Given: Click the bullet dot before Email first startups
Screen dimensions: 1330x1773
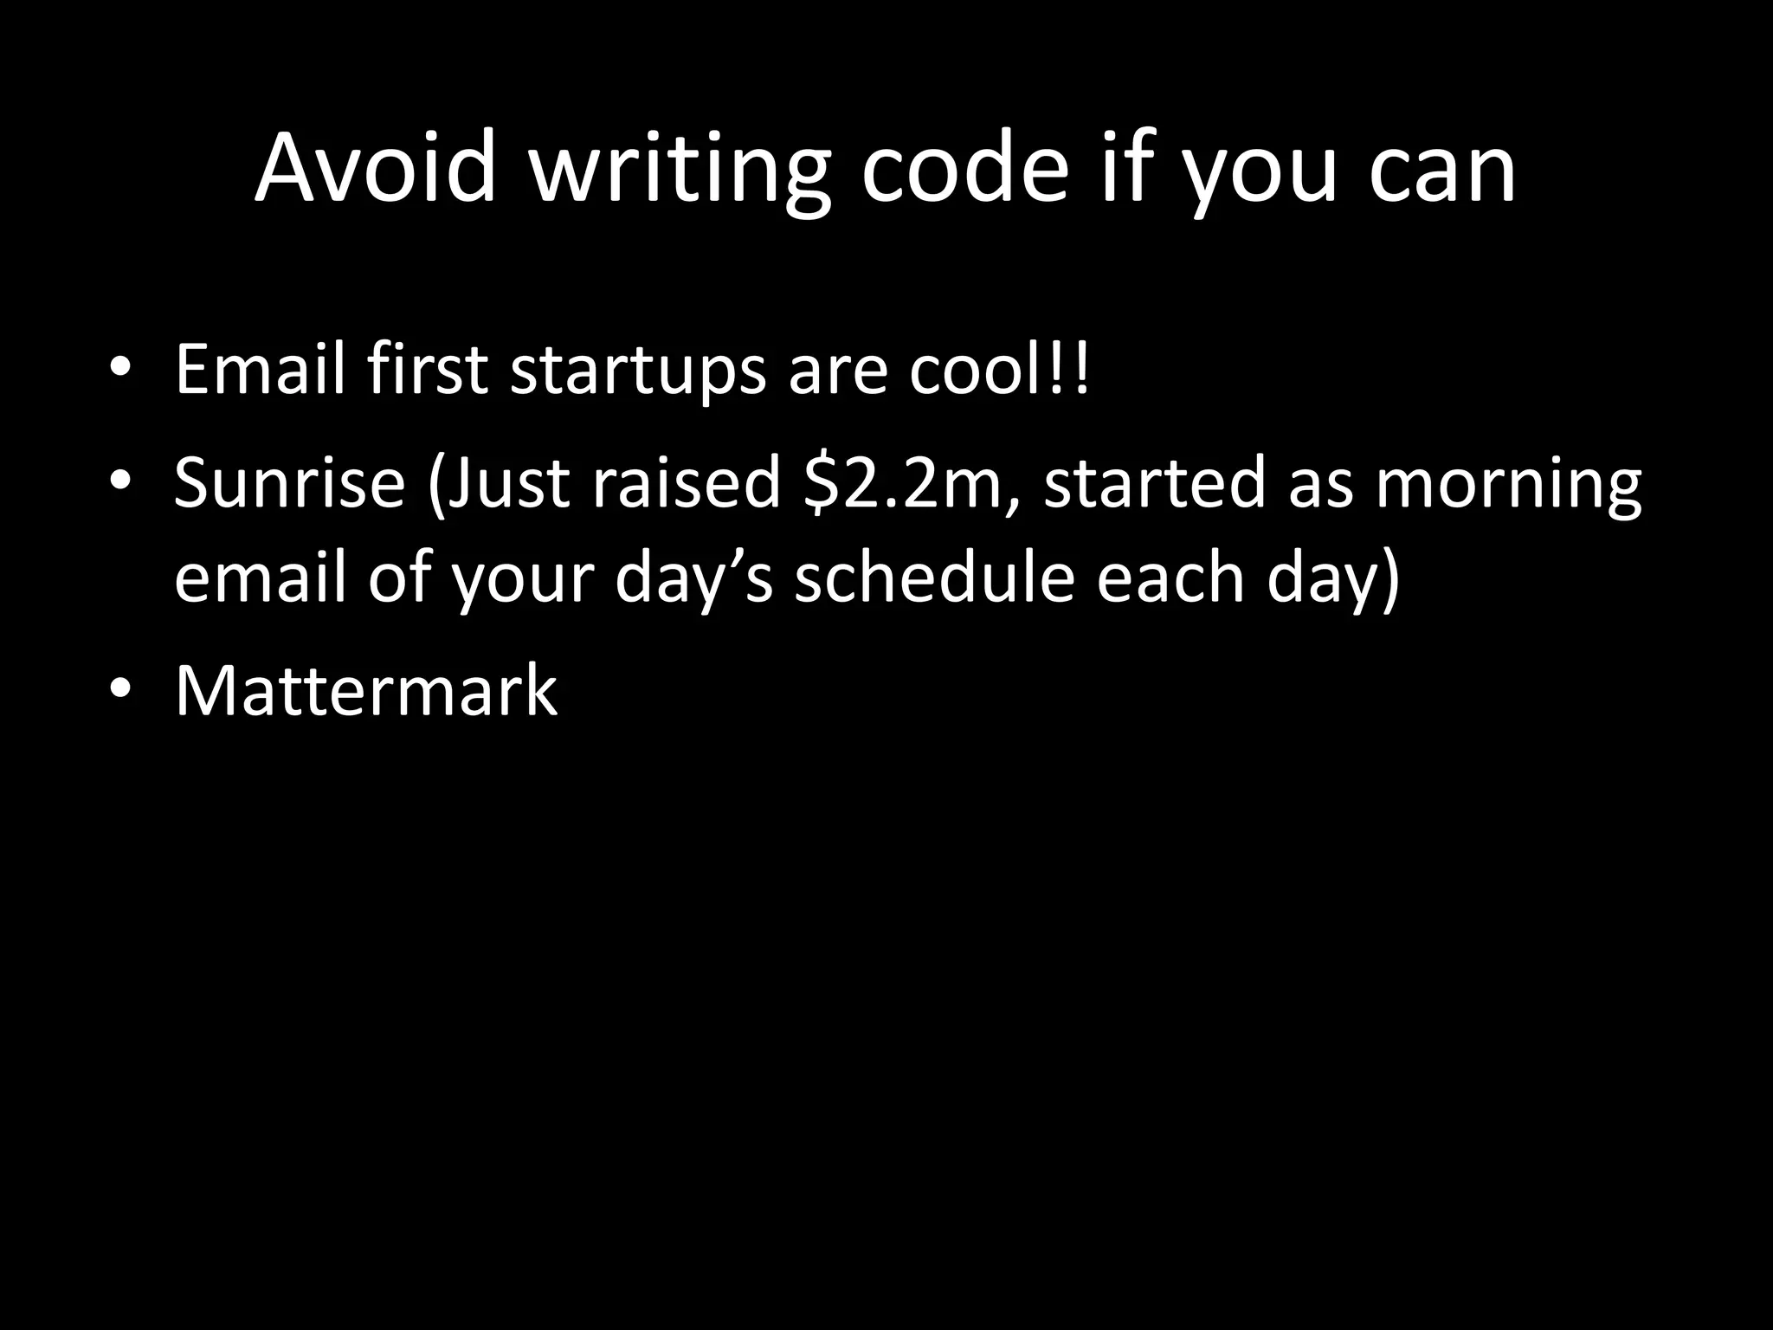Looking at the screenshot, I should click(120, 367).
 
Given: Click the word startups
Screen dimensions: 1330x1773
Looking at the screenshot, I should click(639, 371).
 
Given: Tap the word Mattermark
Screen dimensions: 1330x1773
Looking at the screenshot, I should click(366, 689).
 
